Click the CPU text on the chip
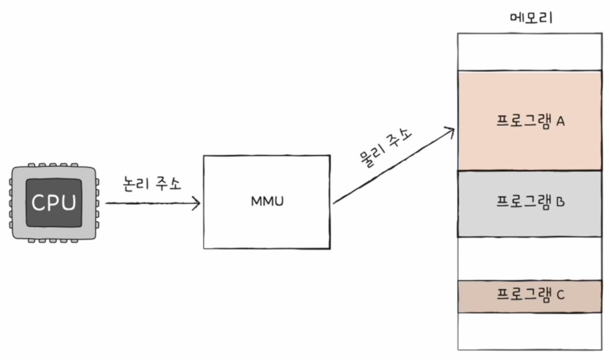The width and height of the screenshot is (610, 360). [x=54, y=202]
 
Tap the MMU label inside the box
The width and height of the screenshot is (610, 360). [x=267, y=201]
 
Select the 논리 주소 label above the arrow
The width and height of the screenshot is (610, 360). [x=152, y=184]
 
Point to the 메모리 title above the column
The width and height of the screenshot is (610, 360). [x=531, y=18]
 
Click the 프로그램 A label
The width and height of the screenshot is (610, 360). [x=530, y=121]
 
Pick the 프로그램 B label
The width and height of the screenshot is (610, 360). [x=530, y=202]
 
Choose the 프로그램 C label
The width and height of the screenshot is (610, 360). [x=530, y=295]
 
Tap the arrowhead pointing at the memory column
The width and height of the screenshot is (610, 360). [x=451, y=131]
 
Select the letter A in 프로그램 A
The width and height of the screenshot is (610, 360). [x=560, y=121]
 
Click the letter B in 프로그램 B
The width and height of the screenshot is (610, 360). [x=560, y=202]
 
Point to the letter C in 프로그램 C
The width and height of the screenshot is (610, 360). [x=560, y=295]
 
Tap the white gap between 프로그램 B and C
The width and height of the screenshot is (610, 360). [x=530, y=258]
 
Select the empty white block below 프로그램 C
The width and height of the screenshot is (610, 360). [x=530, y=331]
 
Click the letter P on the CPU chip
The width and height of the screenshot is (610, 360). [x=54, y=202]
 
